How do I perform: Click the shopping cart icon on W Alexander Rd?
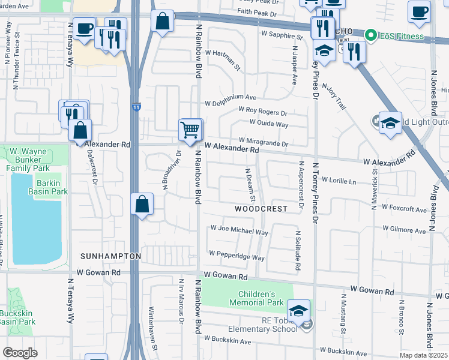(x=190, y=128)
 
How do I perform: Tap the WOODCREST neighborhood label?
(x=261, y=209)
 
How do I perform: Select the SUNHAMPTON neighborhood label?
(x=110, y=256)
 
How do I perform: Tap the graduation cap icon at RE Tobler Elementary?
(x=298, y=311)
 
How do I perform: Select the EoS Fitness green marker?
(x=371, y=36)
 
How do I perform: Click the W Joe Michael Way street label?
(x=239, y=230)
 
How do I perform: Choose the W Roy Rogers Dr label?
(x=263, y=111)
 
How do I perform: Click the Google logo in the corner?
(x=20, y=352)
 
